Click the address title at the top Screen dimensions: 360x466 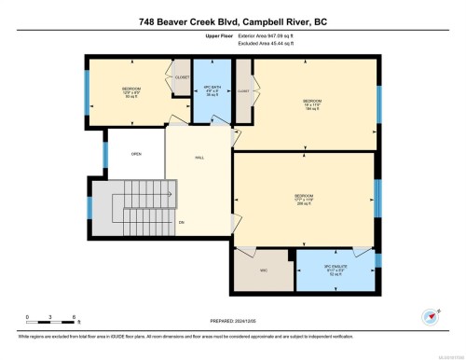(233, 21)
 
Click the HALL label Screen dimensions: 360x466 (199, 159)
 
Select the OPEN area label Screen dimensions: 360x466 (135, 155)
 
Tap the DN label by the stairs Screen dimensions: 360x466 (182, 222)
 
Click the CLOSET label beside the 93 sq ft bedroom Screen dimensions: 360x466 (182, 78)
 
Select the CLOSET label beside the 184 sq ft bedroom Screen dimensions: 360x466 (243, 91)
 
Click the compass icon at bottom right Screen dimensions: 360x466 (430, 317)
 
